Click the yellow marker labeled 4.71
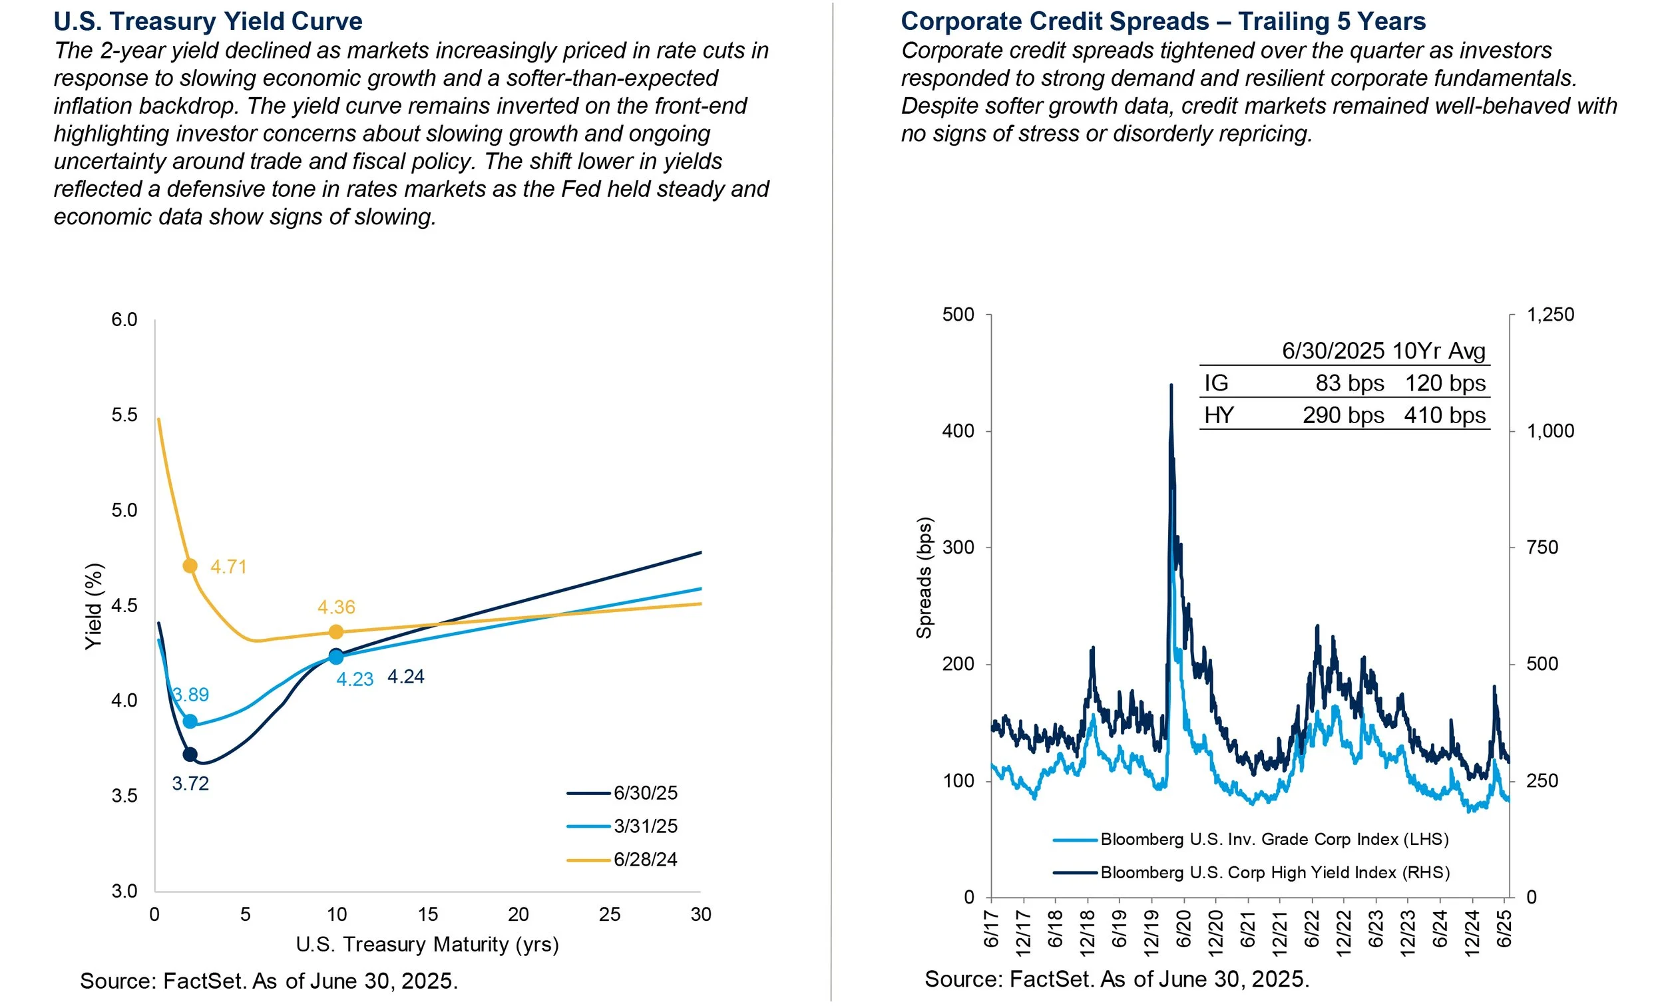click(190, 566)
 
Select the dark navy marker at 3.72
click(190, 754)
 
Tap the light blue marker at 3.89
click(190, 722)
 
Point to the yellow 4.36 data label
click(336, 607)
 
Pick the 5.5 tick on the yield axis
click(124, 415)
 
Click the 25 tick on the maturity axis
click(609, 914)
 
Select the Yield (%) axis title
click(94, 606)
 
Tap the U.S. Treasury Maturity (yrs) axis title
click(427, 944)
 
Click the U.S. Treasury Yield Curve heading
click(208, 21)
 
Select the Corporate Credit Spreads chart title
click(1163, 21)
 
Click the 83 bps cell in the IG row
click(1349, 383)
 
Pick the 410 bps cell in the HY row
click(1444, 415)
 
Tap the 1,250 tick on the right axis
click(1550, 315)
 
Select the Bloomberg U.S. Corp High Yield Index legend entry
click(1275, 872)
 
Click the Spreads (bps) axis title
click(924, 578)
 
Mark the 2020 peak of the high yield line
click(1171, 385)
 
